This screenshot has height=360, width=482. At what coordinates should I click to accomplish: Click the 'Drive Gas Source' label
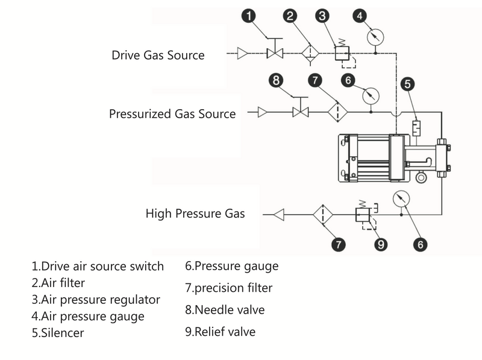click(x=158, y=55)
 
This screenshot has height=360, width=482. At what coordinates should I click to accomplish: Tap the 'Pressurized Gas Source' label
click(x=172, y=113)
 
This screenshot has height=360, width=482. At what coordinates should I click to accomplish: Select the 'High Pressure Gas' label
click(x=195, y=213)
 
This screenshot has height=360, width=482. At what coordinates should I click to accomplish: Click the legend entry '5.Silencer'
click(x=58, y=332)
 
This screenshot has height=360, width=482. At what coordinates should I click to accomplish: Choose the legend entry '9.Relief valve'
click(x=221, y=332)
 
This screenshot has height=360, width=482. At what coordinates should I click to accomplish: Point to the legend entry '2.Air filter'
click(x=58, y=282)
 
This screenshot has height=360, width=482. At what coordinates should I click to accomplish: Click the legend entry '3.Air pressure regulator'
click(x=96, y=299)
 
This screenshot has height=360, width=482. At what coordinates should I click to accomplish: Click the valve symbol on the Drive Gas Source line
click(x=275, y=54)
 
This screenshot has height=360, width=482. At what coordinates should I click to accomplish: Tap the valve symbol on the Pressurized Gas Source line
click(x=300, y=112)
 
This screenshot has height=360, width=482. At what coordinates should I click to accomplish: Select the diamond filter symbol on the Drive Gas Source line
click(x=310, y=53)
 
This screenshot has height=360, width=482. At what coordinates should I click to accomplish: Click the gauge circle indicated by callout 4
click(x=375, y=37)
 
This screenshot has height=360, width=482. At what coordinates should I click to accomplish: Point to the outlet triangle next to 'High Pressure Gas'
click(x=278, y=213)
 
